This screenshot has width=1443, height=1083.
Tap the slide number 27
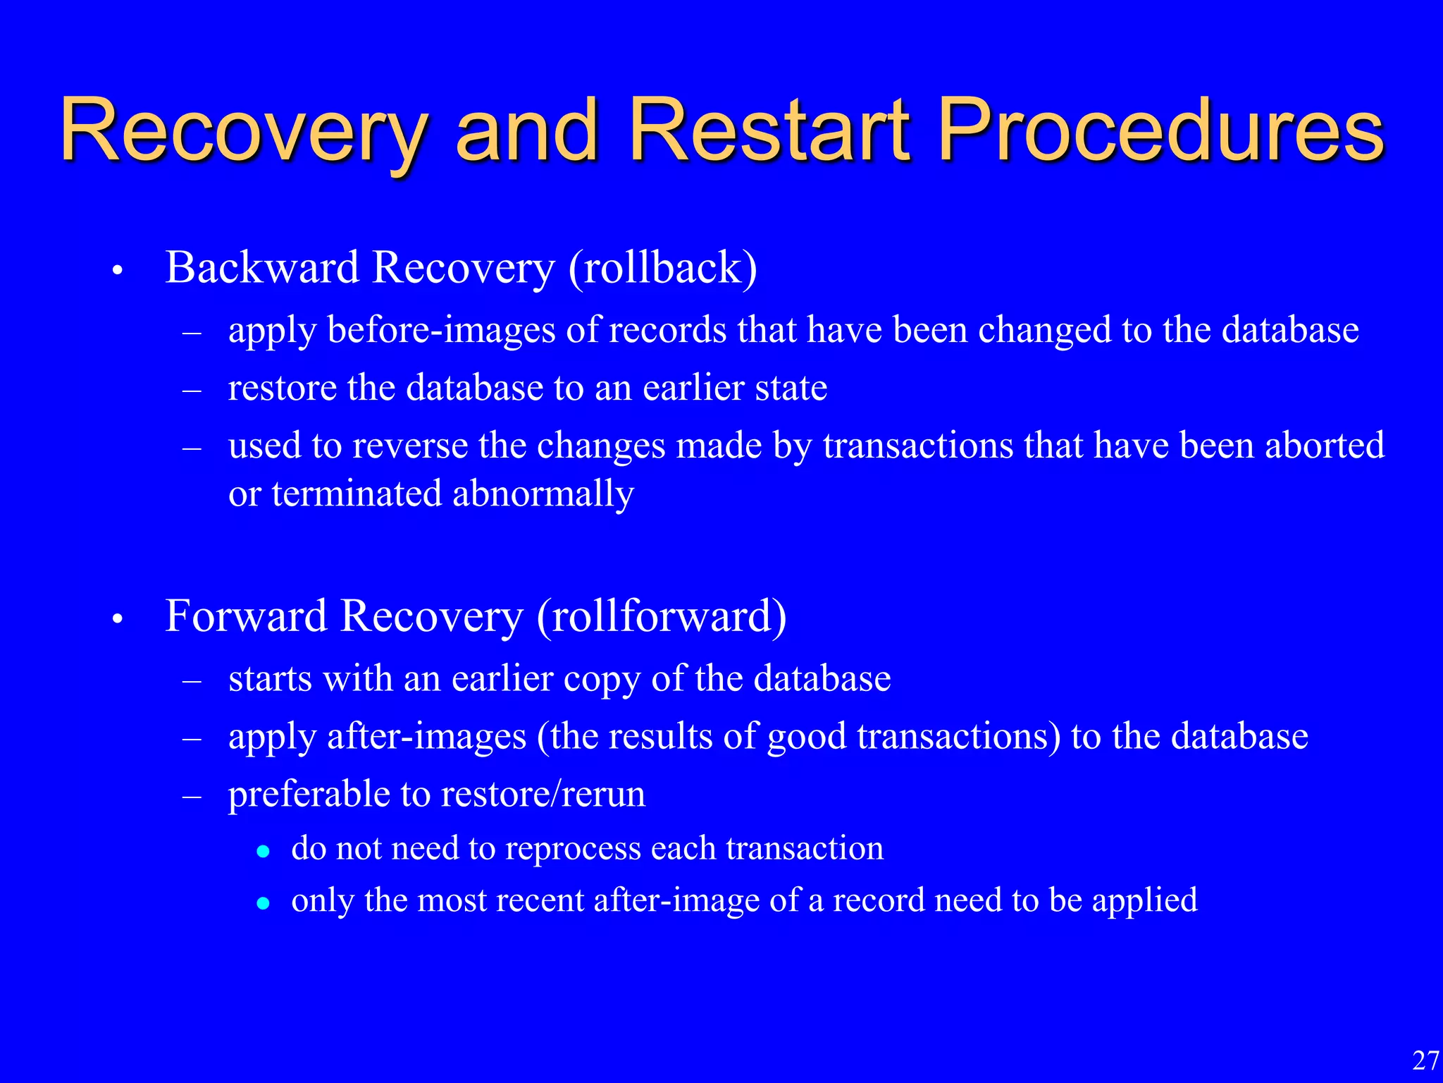coord(1425,1060)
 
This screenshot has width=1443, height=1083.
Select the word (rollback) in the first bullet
coord(662,268)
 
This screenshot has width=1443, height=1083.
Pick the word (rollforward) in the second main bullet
coord(662,616)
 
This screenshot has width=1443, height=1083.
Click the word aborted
coord(1325,446)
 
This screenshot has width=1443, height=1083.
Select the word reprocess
coord(572,848)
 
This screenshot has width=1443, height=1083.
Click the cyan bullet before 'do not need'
coord(263,851)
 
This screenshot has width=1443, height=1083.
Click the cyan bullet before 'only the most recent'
coord(263,903)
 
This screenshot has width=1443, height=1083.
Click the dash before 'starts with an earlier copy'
coord(192,681)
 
